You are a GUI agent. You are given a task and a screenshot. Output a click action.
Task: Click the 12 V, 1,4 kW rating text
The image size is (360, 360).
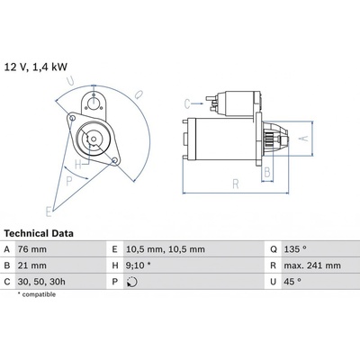click(36, 67)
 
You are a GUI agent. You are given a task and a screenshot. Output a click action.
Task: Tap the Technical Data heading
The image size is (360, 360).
click(39, 233)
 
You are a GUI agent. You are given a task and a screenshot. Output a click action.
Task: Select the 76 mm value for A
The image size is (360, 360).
click(32, 249)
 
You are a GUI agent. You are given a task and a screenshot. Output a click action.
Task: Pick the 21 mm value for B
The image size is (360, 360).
click(32, 265)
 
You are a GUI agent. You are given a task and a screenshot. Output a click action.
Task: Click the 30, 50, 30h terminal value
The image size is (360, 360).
click(41, 282)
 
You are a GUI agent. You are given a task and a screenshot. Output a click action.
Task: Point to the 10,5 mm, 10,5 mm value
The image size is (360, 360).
click(166, 249)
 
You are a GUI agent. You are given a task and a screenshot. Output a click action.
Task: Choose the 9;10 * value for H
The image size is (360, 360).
click(139, 265)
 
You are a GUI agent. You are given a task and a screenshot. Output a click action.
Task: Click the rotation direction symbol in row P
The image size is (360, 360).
click(132, 282)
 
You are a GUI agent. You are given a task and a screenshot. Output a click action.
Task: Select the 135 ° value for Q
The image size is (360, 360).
click(295, 249)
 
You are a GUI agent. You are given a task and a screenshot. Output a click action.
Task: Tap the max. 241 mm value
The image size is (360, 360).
click(312, 265)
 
